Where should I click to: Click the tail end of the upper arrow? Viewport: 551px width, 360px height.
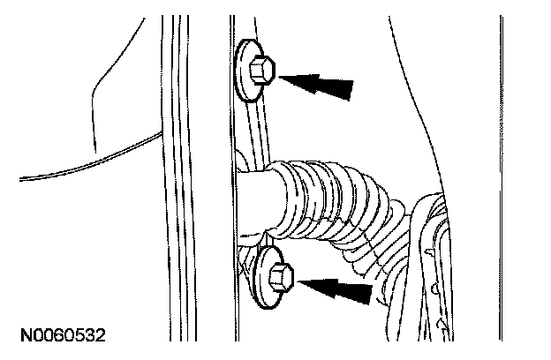point(351,88)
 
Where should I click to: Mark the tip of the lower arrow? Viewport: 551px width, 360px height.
point(300,282)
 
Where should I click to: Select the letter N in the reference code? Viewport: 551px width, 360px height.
point(25,336)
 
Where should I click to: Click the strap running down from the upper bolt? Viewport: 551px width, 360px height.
point(253,124)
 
